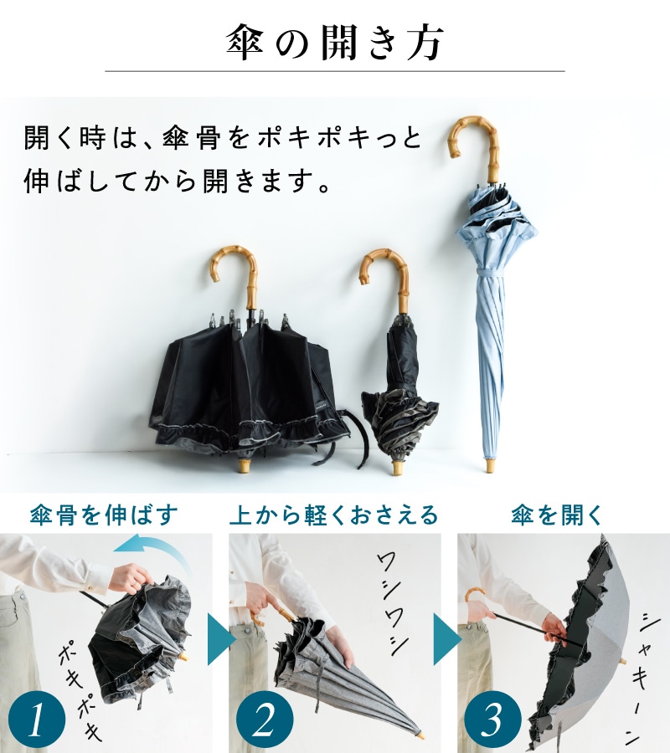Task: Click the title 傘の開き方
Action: [x=334, y=44]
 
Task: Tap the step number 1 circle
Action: [x=37, y=720]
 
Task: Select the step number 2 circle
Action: [x=265, y=720]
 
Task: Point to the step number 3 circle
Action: [x=492, y=720]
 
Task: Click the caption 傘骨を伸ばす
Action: [x=103, y=515]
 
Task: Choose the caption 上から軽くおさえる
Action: [x=333, y=515]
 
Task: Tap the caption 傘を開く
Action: [x=557, y=515]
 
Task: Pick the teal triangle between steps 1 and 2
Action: [x=220, y=639]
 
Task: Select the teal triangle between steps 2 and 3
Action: [x=447, y=639]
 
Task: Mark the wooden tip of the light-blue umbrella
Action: [x=490, y=465]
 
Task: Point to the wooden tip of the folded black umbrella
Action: [x=399, y=467]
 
